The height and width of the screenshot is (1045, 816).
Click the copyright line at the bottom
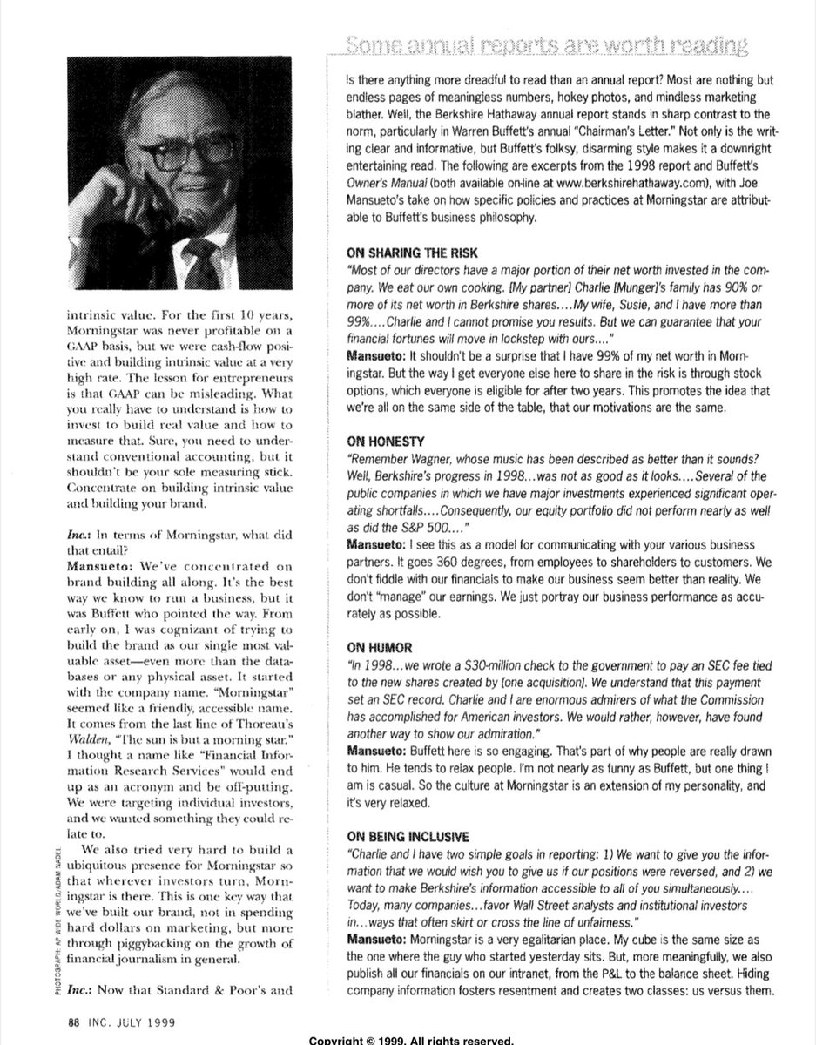tap(408, 1039)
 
